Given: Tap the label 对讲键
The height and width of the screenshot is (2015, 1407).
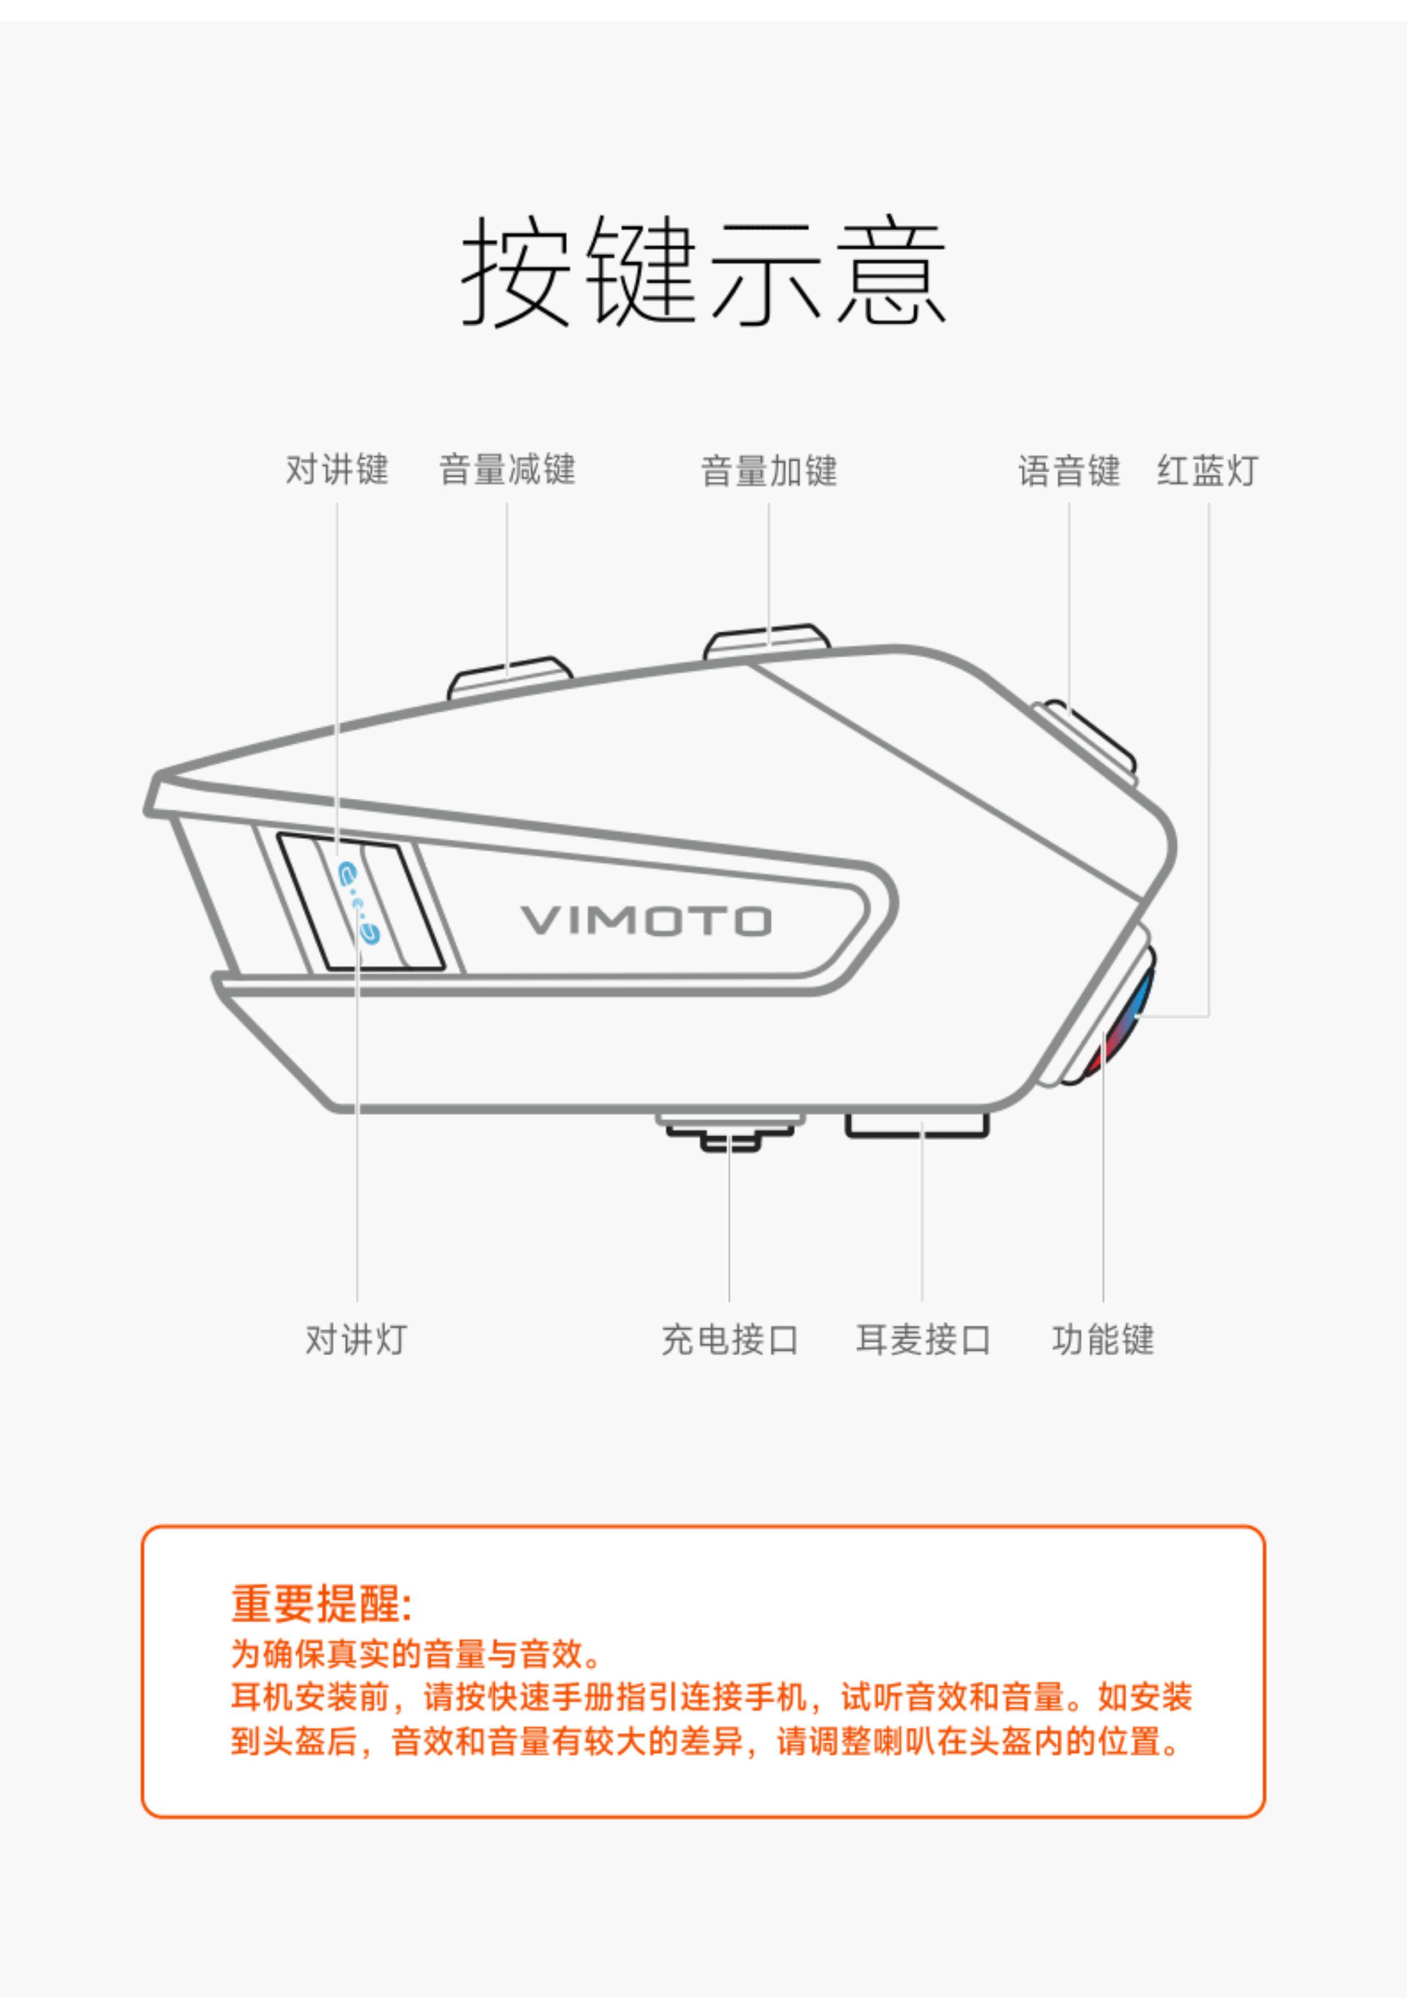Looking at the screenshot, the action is [x=337, y=470].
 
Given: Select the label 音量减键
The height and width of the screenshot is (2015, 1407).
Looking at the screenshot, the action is [x=507, y=470].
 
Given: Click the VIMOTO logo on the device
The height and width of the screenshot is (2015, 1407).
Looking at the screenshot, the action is [x=647, y=921].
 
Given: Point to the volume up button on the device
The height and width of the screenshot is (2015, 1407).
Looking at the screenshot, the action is [x=767, y=640].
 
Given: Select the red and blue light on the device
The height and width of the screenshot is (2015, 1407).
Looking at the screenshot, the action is [x=1123, y=1018].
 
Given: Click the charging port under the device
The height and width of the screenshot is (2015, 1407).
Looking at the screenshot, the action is [x=730, y=1133].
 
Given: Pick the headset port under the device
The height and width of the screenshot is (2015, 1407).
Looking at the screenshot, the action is [x=917, y=1126].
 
